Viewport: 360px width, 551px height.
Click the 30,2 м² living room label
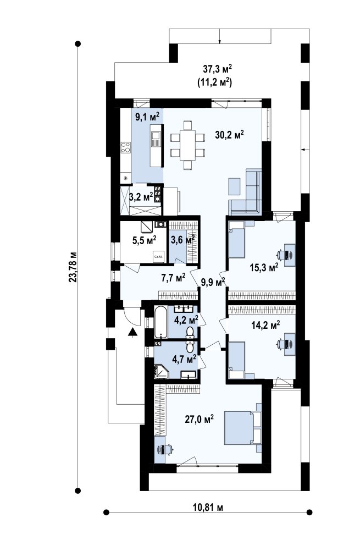[229, 134]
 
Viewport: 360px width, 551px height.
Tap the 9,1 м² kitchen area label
[147, 116]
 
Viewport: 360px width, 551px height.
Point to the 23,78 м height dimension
[73, 267]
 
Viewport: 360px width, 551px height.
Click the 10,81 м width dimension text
[208, 508]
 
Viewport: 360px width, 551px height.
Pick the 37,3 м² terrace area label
[218, 68]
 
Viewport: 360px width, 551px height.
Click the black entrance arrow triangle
[132, 332]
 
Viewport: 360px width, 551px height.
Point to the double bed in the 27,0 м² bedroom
[243, 427]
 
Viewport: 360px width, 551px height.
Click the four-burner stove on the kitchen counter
[126, 147]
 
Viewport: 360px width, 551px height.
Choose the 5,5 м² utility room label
[145, 241]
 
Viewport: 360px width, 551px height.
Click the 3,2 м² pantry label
[141, 197]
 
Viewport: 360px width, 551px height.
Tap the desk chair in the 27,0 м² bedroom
[166, 449]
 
